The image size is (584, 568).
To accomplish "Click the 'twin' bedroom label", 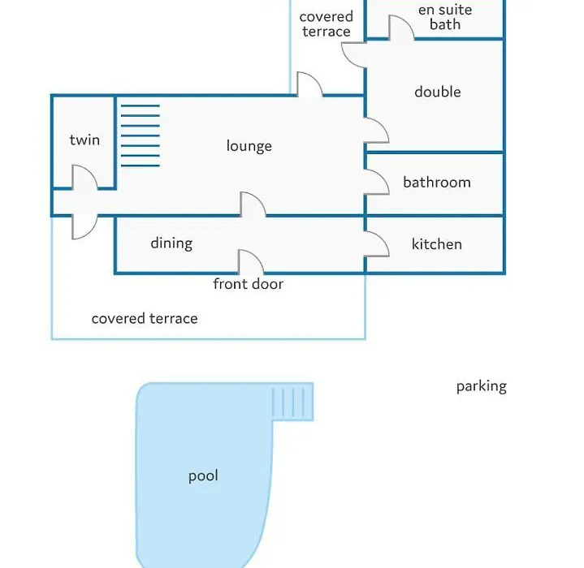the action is (x=84, y=140).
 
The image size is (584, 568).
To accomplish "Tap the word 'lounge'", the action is (x=249, y=146).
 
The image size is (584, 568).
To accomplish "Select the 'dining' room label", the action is (x=171, y=243).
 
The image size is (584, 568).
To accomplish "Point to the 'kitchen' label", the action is (x=436, y=244).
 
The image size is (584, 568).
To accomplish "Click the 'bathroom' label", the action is (x=437, y=183).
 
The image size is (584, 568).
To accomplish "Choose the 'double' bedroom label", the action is (x=438, y=92).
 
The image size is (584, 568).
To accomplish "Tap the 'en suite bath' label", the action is (x=445, y=17).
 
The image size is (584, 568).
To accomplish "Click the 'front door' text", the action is (x=248, y=284).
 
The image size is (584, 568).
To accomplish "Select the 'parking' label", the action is (x=482, y=386).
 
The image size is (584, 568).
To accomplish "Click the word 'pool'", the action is (x=203, y=476).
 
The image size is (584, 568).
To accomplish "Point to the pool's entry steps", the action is (x=292, y=402).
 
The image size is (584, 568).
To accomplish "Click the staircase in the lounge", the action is (x=141, y=136).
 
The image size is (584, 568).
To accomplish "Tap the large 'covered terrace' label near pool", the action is (x=145, y=319).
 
